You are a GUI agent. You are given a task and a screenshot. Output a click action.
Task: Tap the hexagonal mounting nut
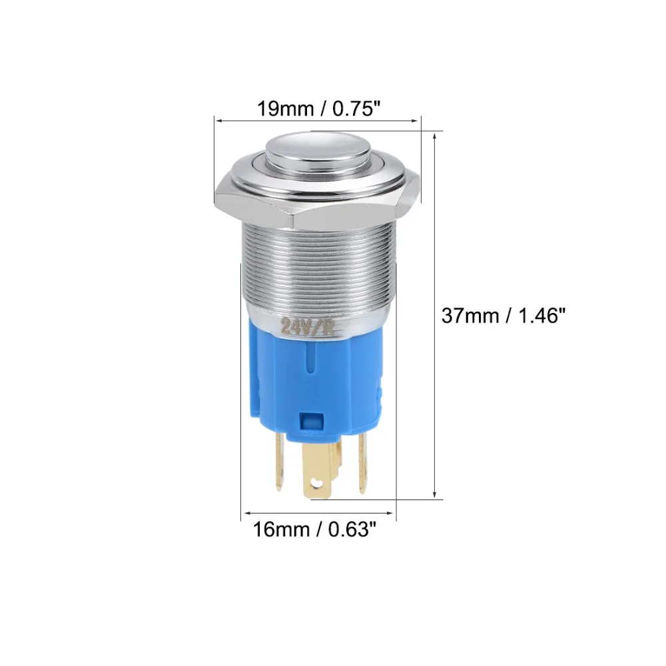(x=317, y=203)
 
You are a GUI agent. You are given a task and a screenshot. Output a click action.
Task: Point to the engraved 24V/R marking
(x=306, y=326)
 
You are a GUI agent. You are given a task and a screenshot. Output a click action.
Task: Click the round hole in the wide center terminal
(x=316, y=482)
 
